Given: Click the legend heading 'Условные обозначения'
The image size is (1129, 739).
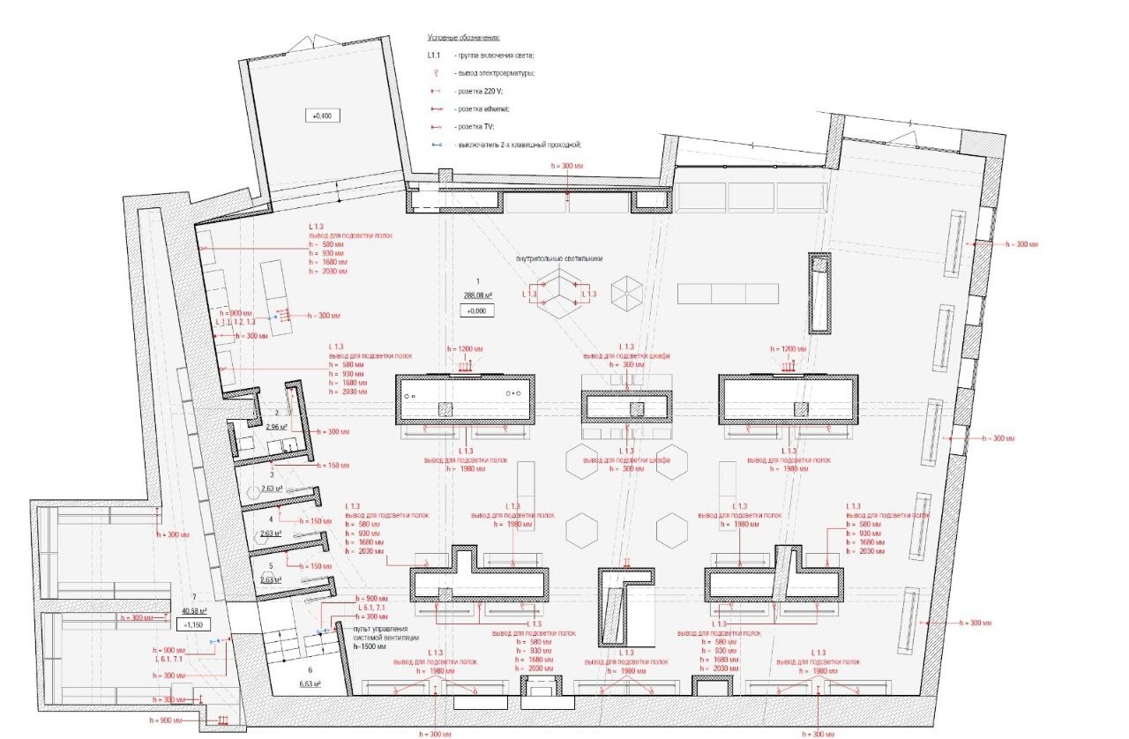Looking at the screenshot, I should pos(464,38).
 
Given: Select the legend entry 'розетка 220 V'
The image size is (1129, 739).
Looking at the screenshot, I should pos(480,91).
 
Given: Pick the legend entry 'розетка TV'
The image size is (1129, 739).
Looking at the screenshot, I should pos(477,126).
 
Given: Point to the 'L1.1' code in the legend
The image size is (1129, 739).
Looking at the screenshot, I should pos(435,56).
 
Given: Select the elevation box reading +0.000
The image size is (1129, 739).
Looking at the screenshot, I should pos(477,310).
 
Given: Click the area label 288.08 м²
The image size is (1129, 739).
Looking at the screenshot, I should pos(477,295).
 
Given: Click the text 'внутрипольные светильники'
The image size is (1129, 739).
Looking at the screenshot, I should pos(559,260).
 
